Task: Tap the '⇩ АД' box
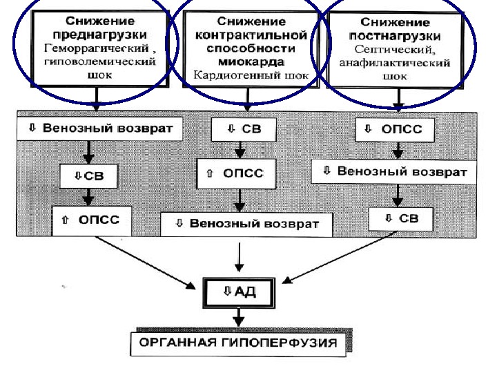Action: tap(239, 293)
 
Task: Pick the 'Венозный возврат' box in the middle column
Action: tap(246, 224)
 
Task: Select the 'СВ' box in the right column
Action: tap(400, 219)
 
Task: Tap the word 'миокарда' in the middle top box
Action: tap(247, 61)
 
